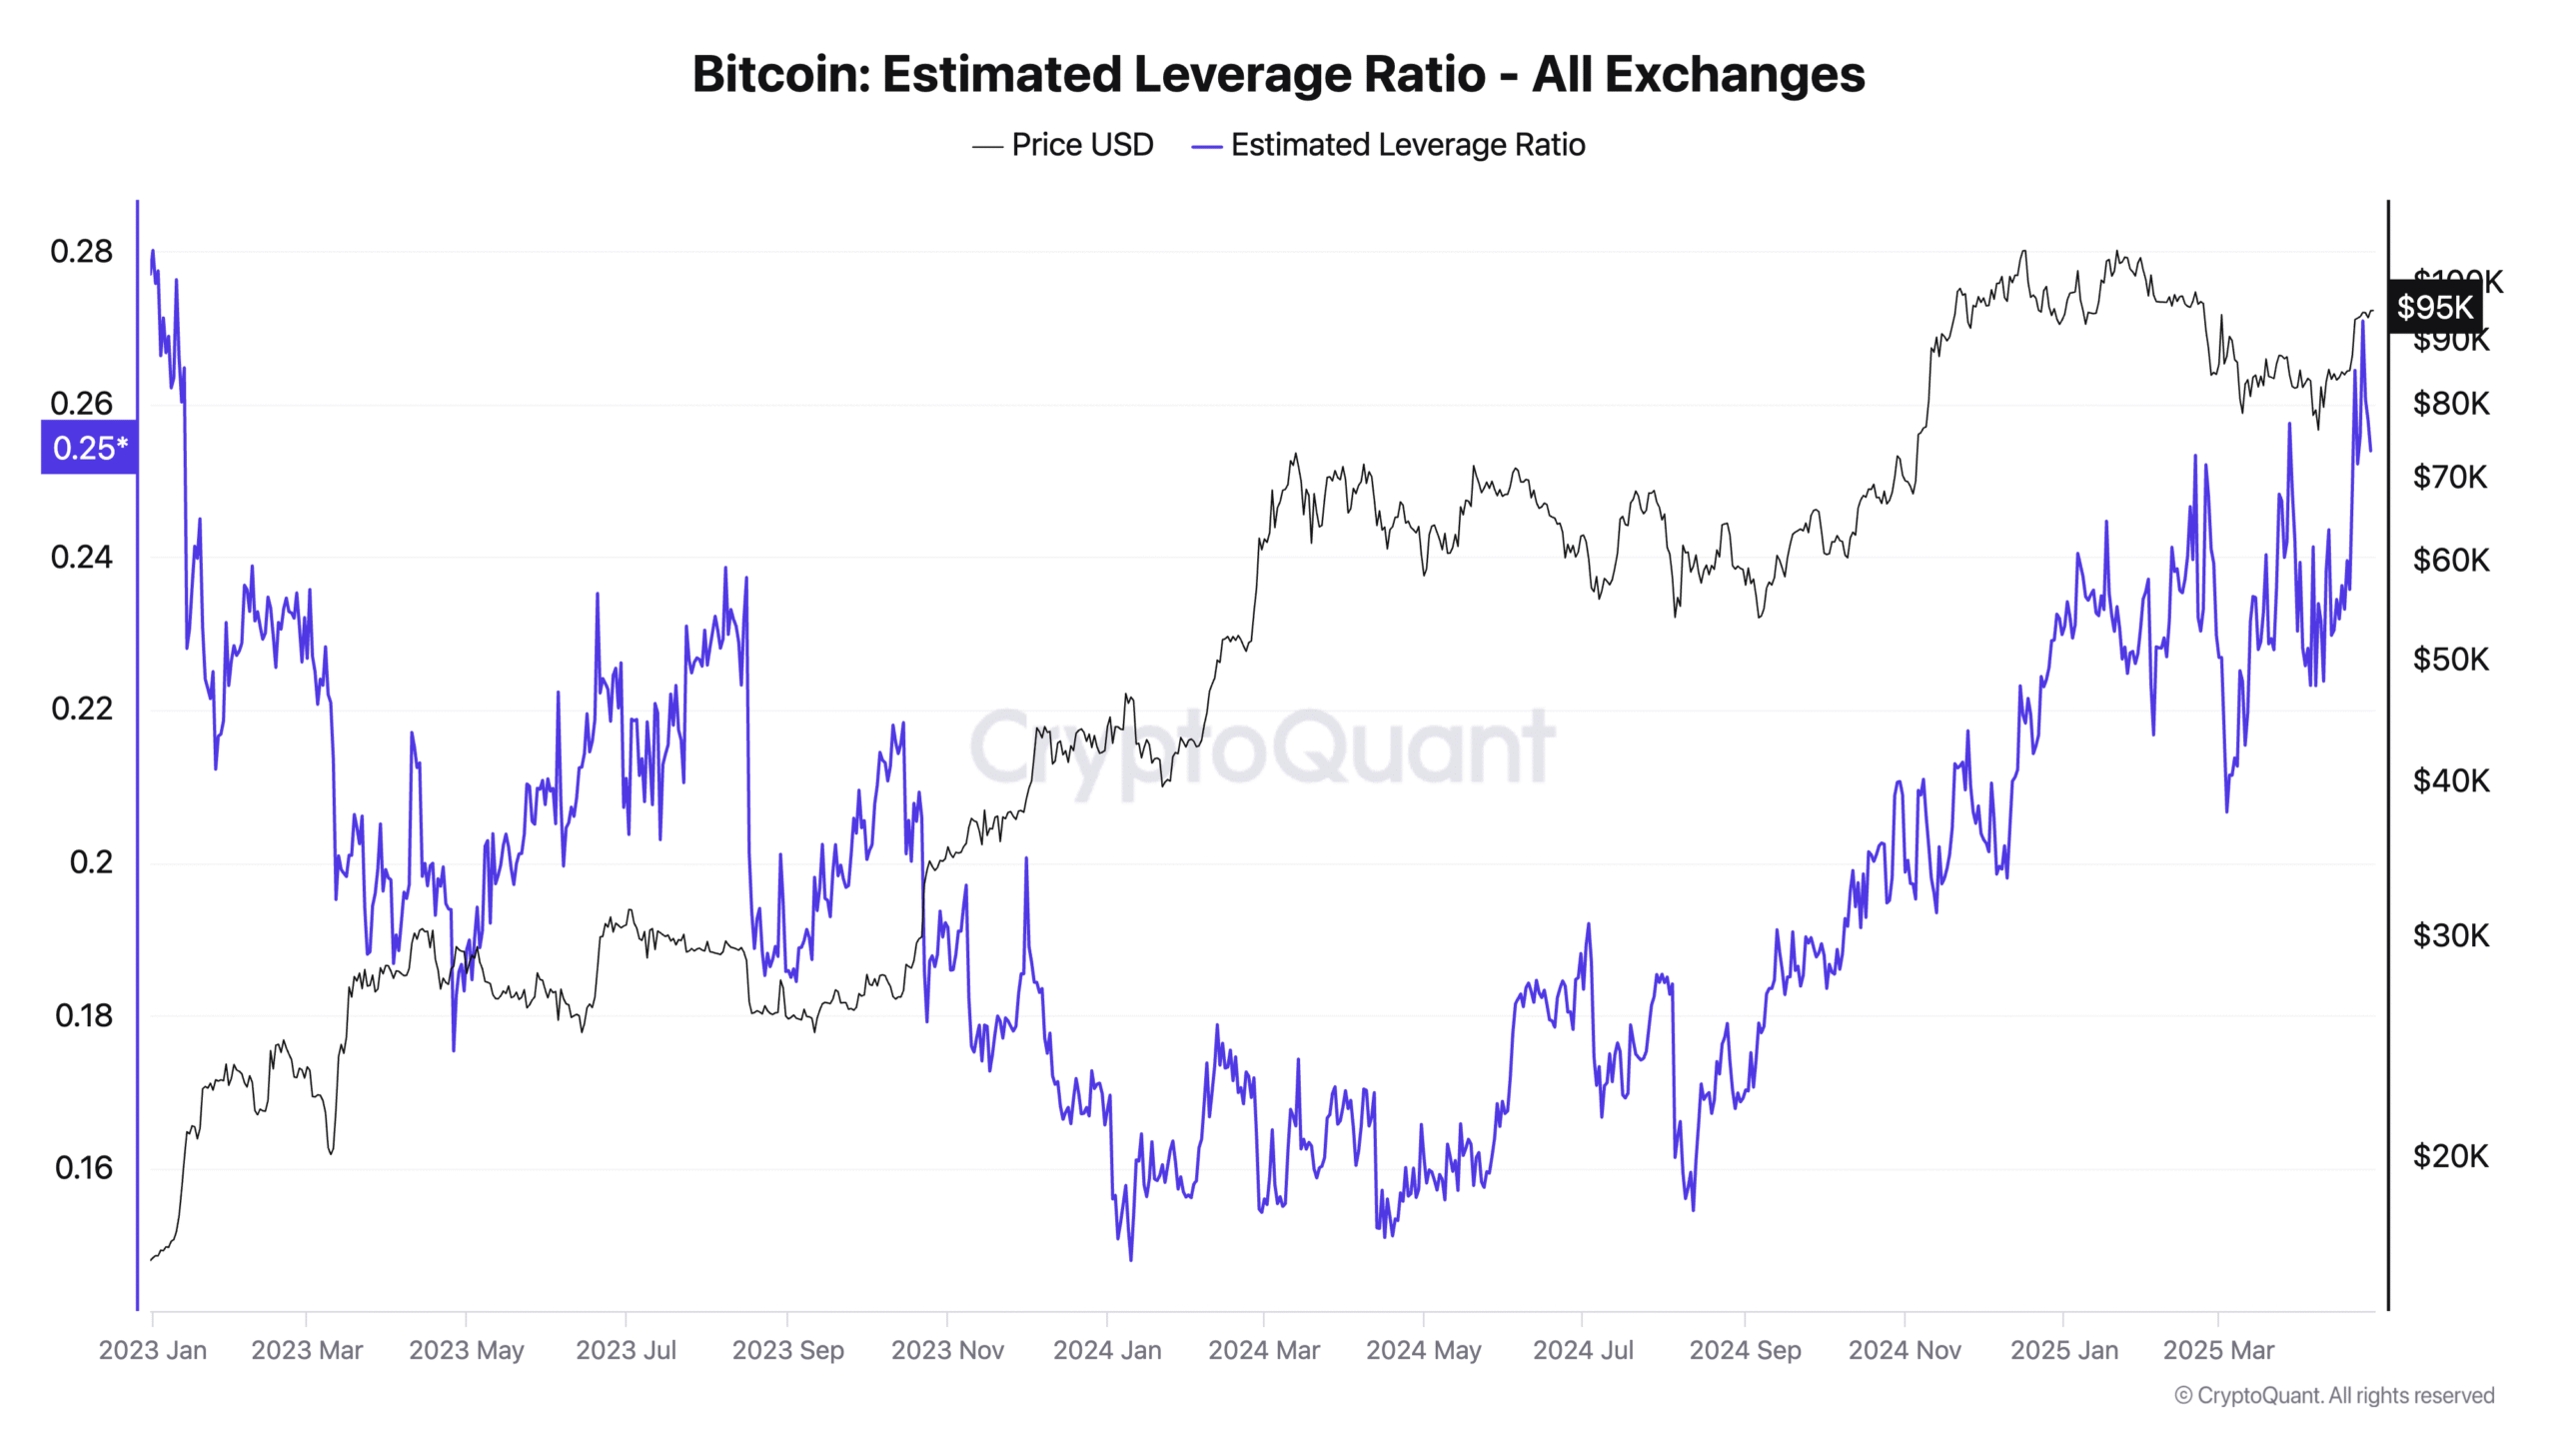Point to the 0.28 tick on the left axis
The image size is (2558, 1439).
[x=82, y=252]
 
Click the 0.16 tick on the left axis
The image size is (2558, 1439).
[x=84, y=1167]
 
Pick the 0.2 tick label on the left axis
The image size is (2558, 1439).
[x=91, y=861]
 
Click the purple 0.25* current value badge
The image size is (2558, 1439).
[x=89, y=448]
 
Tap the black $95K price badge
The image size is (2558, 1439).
[x=2434, y=307]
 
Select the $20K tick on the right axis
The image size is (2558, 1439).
[x=2450, y=1156]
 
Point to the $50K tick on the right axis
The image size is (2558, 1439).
[x=2450, y=660]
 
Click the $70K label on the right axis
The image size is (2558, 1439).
[x=2450, y=477]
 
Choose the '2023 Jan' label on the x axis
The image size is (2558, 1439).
[x=153, y=1350]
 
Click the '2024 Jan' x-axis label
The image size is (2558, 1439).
[x=1107, y=1350]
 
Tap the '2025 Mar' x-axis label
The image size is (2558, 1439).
[x=2218, y=1350]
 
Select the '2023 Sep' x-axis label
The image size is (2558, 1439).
[x=787, y=1350]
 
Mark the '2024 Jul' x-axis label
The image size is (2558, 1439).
[x=1583, y=1350]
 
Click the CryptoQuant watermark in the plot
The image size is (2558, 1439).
[x=1261, y=747]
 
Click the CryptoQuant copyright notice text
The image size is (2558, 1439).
[x=2334, y=1395]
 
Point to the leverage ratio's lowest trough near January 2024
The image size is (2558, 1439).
[x=1130, y=1258]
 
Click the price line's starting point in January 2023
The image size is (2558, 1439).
[x=151, y=1259]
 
